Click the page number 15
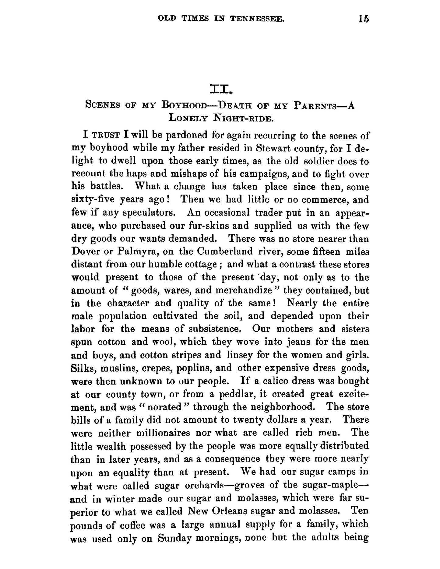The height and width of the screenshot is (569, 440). click(x=364, y=19)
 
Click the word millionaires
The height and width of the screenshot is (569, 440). click(x=163, y=433)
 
